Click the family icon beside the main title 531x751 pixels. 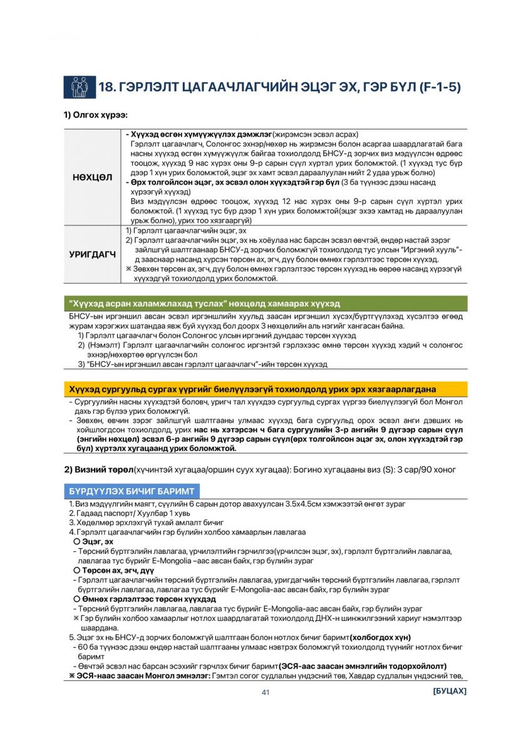(79, 87)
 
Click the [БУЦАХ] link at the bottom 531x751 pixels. (449, 692)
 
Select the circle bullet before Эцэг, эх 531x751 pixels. (76, 541)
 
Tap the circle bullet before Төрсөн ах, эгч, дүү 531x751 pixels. (76, 571)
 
